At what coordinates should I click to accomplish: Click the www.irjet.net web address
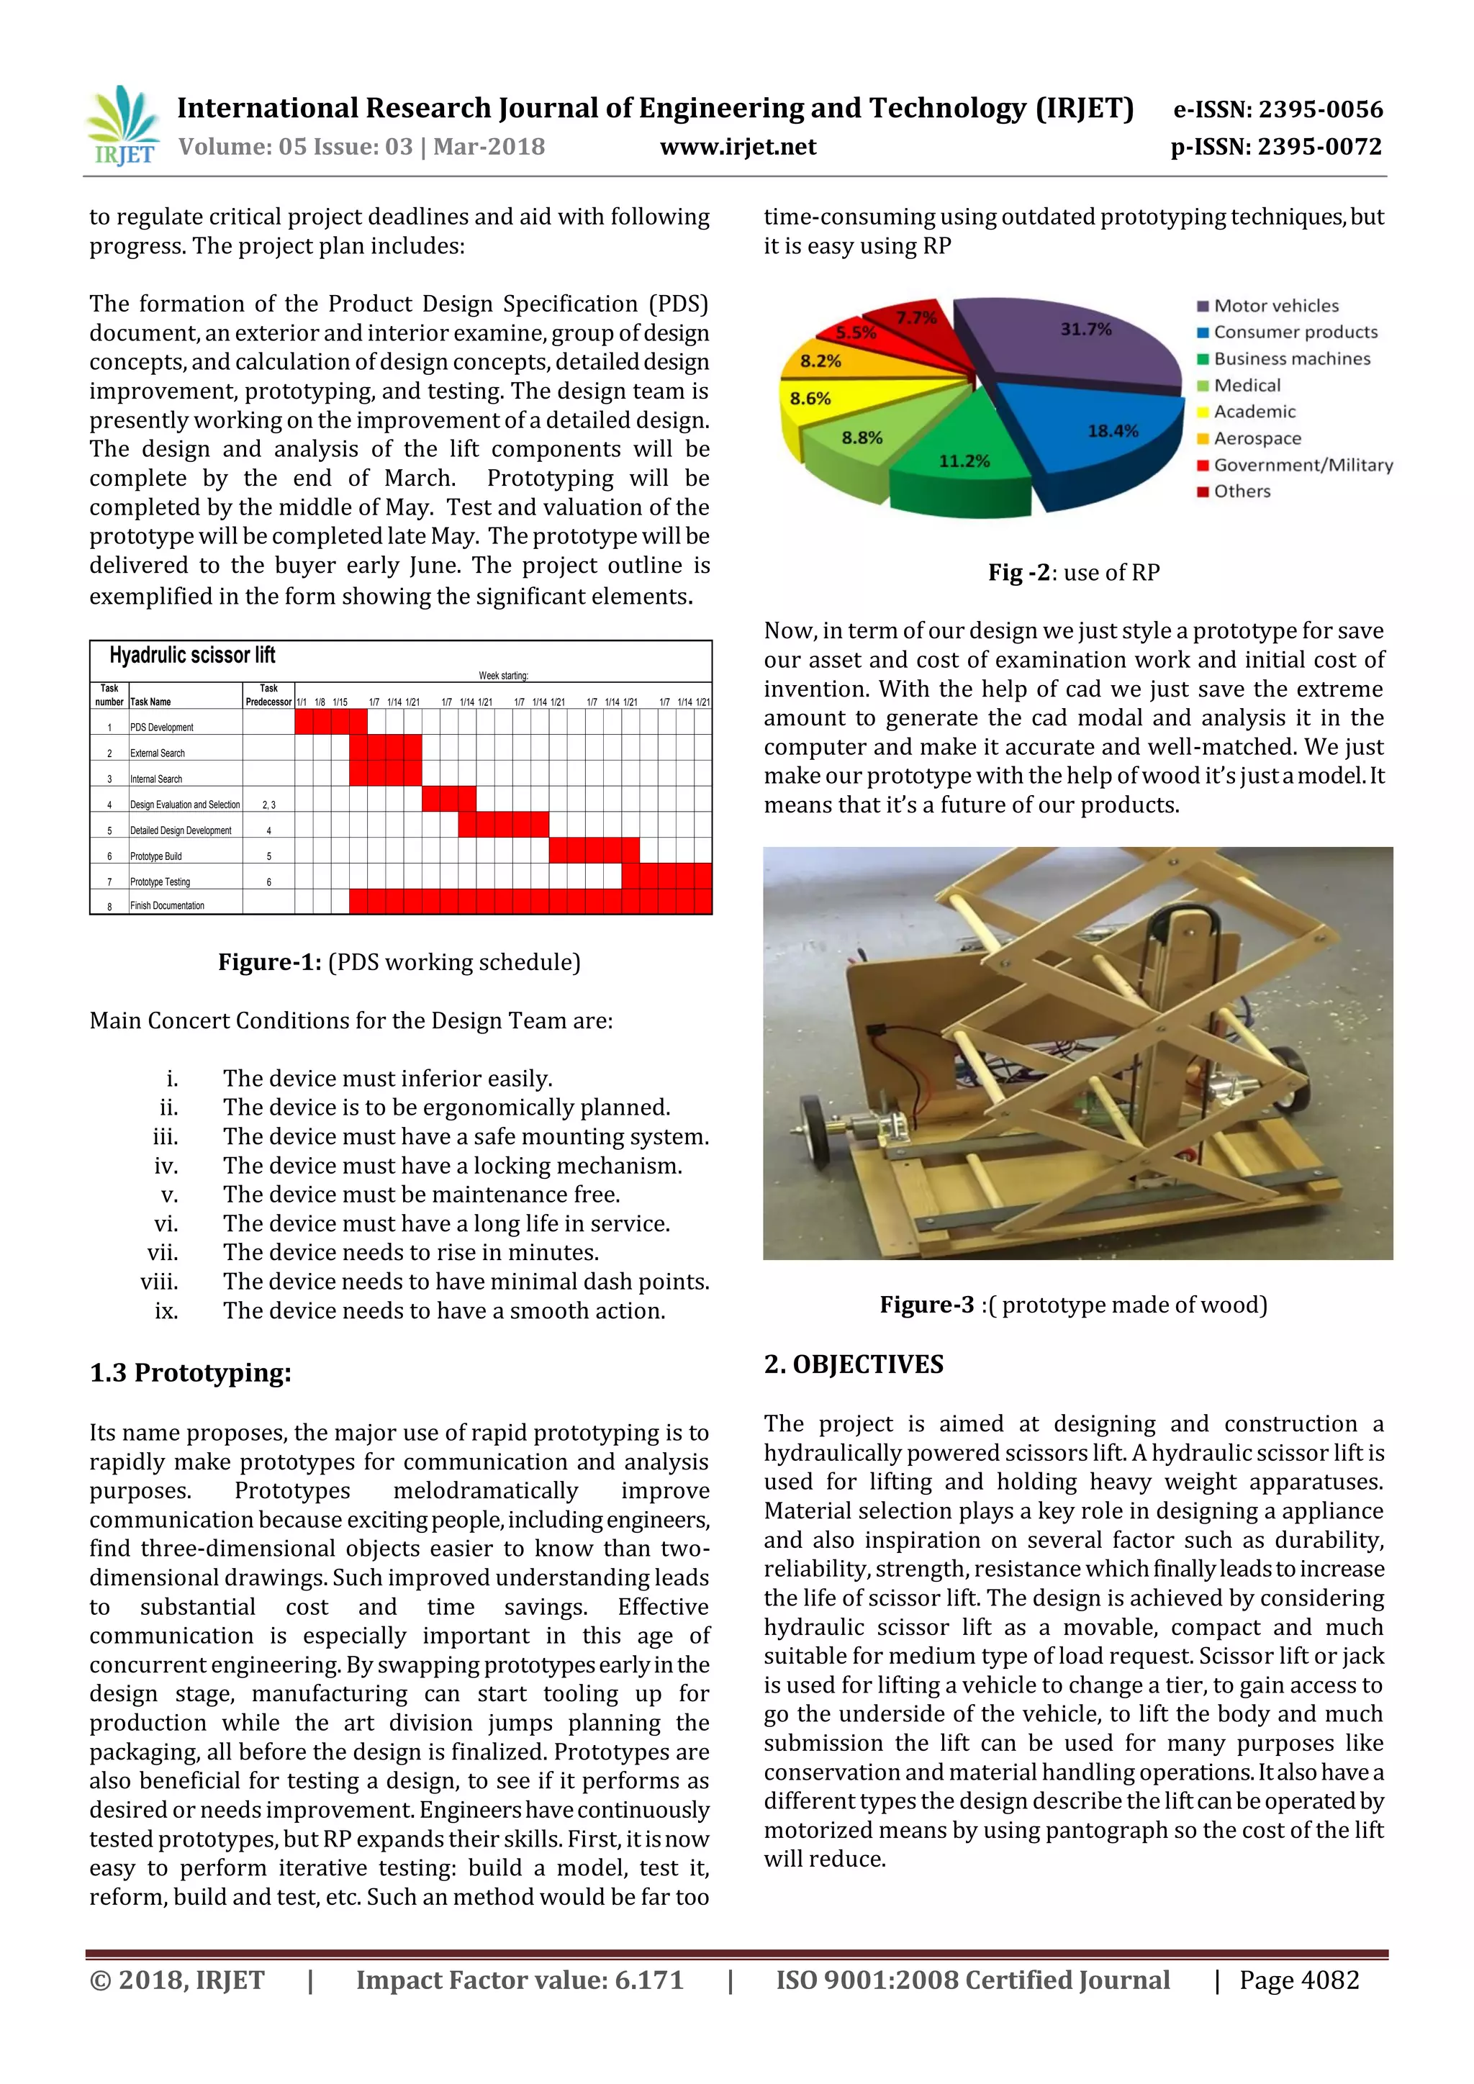tap(737, 147)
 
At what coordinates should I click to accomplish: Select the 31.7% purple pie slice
tap(1071, 345)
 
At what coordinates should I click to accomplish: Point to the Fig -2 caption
tap(1074, 573)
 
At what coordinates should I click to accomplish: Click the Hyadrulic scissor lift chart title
tap(191, 656)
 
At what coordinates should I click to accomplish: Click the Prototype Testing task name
tap(160, 882)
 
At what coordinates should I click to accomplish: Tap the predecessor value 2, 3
tap(268, 805)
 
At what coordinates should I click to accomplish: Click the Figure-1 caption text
tap(399, 962)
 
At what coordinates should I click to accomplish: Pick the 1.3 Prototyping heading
tap(191, 1372)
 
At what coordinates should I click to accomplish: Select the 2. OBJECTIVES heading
tap(853, 1364)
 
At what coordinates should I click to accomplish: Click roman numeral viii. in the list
tap(160, 1282)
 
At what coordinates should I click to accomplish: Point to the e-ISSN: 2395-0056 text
tap(1278, 110)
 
